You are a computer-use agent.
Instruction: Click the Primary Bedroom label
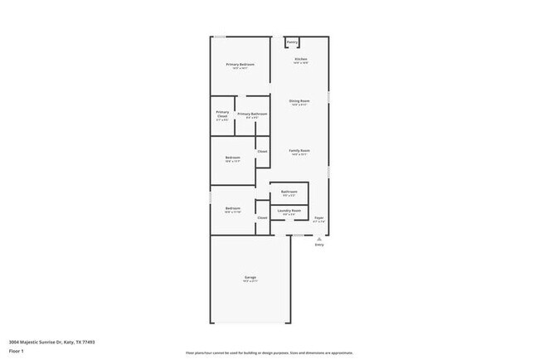(240, 65)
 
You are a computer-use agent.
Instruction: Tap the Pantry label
(293, 42)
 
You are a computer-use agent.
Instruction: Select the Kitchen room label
(301, 60)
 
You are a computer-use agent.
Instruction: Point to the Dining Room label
(299, 101)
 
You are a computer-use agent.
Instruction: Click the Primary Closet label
(222, 114)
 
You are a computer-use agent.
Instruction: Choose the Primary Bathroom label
(252, 114)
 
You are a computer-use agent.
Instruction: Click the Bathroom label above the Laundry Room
(289, 192)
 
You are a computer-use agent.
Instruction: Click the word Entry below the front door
(319, 246)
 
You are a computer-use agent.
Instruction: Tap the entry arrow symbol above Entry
(319, 238)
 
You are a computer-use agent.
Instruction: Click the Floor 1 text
(17, 351)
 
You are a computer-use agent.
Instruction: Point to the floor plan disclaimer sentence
(269, 351)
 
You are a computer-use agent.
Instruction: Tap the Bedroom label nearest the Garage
(233, 208)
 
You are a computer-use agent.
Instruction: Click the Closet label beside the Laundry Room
(262, 217)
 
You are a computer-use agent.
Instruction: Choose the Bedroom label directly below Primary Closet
(233, 158)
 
